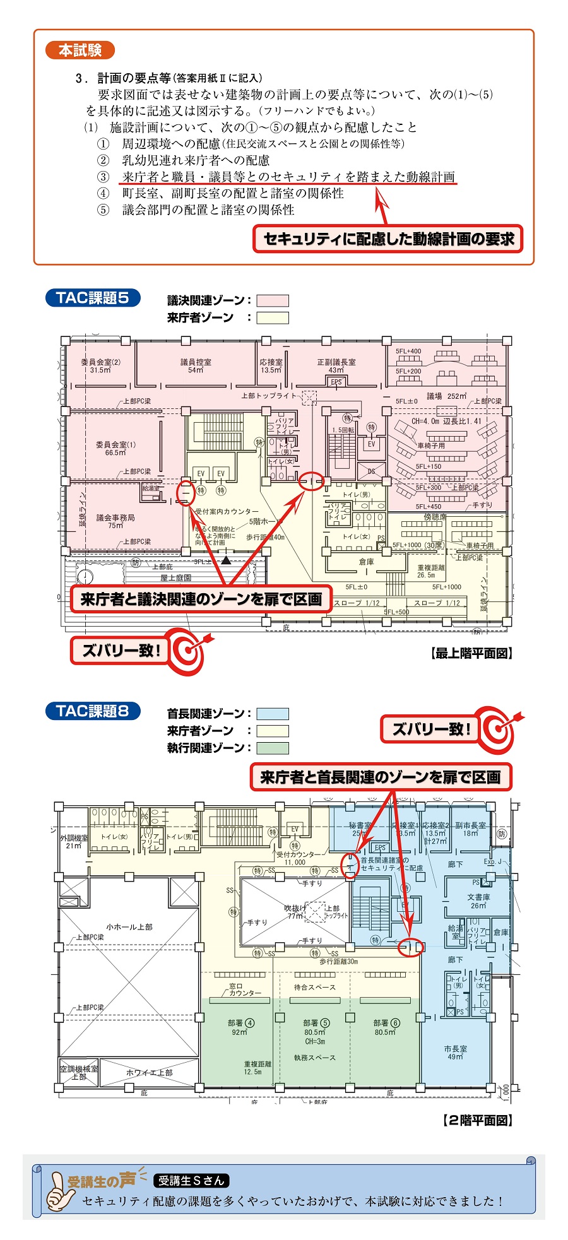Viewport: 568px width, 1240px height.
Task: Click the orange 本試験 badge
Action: [80, 50]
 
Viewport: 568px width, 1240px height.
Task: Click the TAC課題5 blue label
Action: [92, 297]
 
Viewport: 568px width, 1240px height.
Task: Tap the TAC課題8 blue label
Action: [92, 711]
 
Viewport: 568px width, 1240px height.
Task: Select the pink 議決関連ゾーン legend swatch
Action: [272, 300]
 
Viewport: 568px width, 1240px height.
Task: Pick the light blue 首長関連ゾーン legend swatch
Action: [272, 714]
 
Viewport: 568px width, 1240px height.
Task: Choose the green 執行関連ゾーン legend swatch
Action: [272, 748]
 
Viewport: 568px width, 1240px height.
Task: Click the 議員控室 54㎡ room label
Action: [196, 366]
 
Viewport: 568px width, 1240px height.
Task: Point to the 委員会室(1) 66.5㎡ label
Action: [115, 448]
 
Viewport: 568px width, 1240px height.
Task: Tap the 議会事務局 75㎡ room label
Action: [115, 521]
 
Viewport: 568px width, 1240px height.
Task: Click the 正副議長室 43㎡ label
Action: [336, 366]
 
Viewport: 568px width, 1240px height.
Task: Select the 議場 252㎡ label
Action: [446, 396]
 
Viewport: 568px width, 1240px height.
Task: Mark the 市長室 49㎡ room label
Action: [455, 1052]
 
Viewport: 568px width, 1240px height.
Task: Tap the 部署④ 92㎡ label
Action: [241, 1027]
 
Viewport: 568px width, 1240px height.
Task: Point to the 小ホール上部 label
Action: [129, 927]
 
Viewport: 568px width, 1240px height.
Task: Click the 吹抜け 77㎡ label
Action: [295, 912]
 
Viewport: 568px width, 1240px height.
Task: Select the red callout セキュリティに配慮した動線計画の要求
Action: [388, 239]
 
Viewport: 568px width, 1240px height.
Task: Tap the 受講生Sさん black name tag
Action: [191, 1180]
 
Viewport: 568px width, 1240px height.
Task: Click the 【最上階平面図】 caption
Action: [471, 654]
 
